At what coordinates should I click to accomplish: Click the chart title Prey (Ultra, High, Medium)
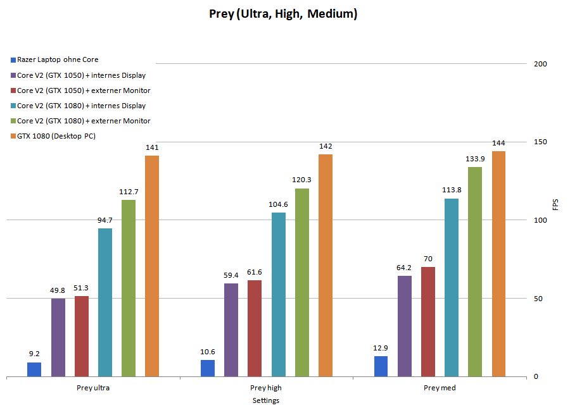click(x=283, y=13)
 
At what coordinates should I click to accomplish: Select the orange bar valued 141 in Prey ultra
click(x=152, y=266)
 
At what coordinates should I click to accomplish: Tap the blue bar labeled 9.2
click(x=34, y=369)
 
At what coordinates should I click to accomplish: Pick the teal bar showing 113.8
click(x=452, y=288)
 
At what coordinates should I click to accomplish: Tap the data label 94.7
click(x=105, y=220)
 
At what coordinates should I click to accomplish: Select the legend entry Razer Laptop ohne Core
click(x=58, y=60)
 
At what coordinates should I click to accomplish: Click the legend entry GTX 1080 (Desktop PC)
click(x=56, y=135)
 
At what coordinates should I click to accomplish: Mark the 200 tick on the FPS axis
click(x=540, y=64)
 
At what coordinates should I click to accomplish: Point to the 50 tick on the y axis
click(x=538, y=299)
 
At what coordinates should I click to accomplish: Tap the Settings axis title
click(x=266, y=400)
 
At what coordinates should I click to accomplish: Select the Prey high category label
click(x=266, y=388)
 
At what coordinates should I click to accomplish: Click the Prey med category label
click(x=440, y=388)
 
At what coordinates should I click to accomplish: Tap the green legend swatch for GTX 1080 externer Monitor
click(x=13, y=121)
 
